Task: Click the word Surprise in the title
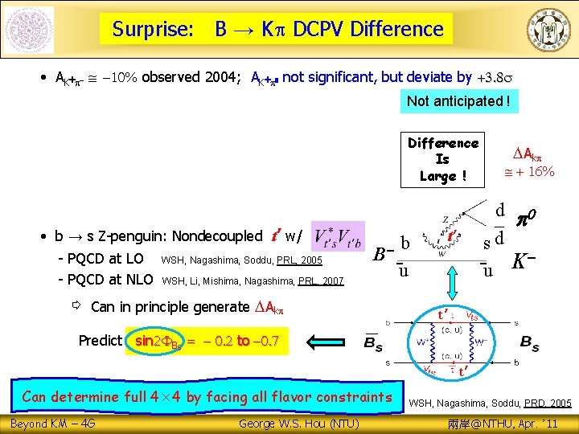point(152,30)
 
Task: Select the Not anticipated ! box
point(458,101)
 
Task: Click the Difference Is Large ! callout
point(442,159)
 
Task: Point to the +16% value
point(533,172)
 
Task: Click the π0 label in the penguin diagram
point(530,218)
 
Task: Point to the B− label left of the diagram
point(383,255)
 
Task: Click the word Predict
point(101,341)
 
